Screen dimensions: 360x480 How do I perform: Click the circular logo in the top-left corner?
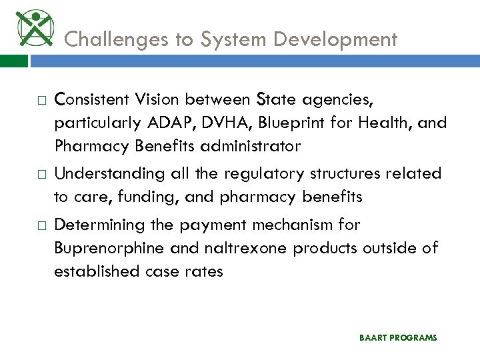pos(33,27)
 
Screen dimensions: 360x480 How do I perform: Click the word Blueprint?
pos(291,123)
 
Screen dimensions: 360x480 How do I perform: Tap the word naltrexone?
pos(241,248)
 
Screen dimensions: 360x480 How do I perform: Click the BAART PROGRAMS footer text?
pos(398,338)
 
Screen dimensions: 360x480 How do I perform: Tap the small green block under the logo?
pos(14,61)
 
